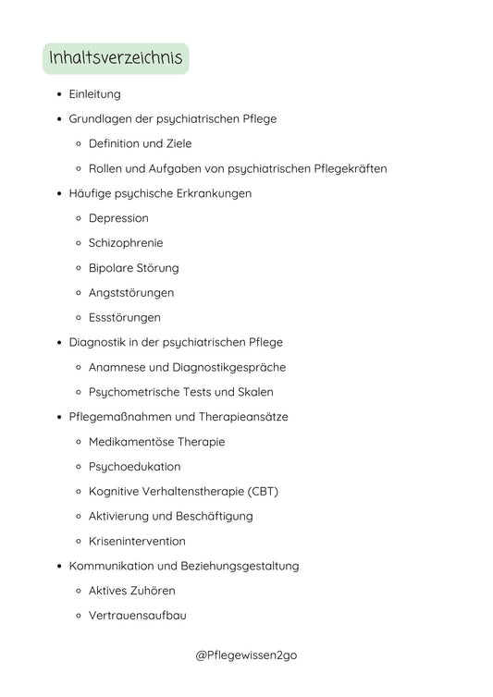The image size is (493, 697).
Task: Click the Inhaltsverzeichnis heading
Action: click(116, 59)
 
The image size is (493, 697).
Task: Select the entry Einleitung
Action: click(94, 94)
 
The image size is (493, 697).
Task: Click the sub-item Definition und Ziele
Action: click(140, 144)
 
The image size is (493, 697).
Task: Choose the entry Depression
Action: click(118, 218)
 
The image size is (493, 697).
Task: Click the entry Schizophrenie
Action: click(126, 243)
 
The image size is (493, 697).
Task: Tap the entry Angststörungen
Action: click(130, 293)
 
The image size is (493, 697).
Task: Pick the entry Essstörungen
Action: click(124, 318)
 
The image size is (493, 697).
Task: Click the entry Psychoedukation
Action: click(134, 467)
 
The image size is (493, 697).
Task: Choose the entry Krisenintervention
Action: click(137, 542)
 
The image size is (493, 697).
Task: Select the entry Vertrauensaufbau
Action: click(138, 616)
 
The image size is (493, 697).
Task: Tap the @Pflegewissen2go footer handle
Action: click(246, 654)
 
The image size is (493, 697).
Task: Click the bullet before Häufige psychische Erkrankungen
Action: click(59, 194)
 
